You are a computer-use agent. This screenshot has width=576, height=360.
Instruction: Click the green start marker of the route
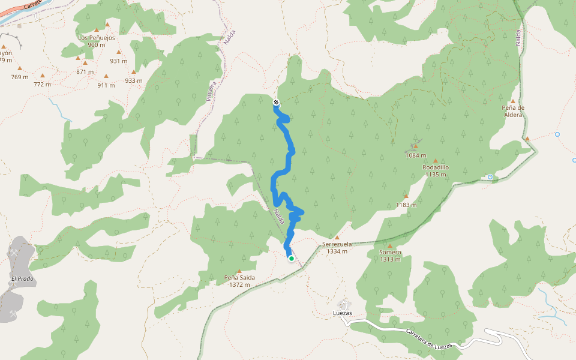(x=292, y=259)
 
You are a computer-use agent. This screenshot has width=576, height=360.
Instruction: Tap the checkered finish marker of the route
(x=275, y=102)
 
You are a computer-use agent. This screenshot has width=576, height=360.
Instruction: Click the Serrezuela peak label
(x=337, y=244)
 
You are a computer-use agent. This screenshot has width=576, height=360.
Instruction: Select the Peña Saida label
(x=239, y=278)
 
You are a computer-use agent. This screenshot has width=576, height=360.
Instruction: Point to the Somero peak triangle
(x=390, y=245)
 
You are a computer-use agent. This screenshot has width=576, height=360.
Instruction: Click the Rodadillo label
(x=436, y=167)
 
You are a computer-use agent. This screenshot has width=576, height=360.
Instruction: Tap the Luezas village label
(x=342, y=314)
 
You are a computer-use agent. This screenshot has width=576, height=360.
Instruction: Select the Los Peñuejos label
(x=97, y=37)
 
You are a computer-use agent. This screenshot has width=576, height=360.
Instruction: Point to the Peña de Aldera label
(x=514, y=111)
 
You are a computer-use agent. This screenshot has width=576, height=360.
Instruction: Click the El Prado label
(x=22, y=279)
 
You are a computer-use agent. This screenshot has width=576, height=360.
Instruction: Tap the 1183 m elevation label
(x=406, y=205)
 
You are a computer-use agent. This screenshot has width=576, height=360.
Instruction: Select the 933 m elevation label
(x=134, y=80)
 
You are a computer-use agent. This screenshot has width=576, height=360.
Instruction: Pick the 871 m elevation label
(x=85, y=72)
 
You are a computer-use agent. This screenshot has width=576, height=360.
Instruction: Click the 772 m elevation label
(x=43, y=85)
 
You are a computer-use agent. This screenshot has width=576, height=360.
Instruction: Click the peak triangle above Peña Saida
(x=239, y=271)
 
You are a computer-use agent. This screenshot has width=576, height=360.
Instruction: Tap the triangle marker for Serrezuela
(x=337, y=238)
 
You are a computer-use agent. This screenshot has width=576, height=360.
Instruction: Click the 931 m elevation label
(x=119, y=61)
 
